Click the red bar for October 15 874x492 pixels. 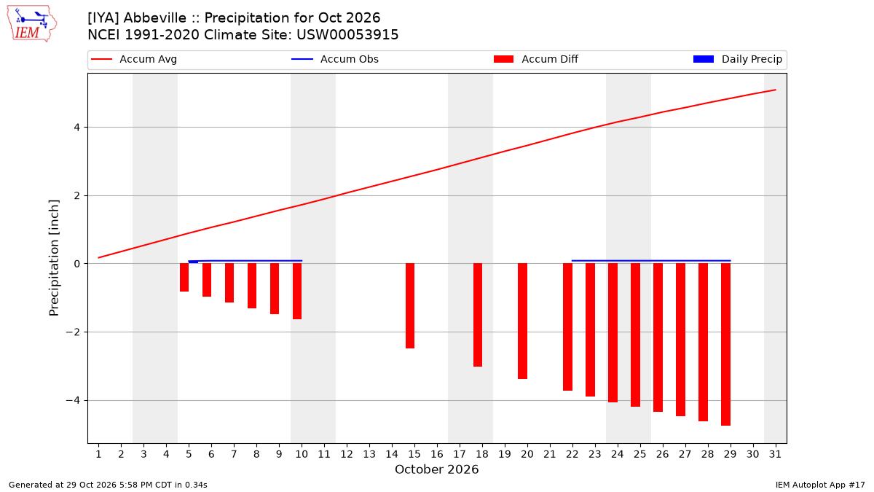coord(410,305)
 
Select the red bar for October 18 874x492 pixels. coord(478,315)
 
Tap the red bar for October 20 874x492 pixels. coord(523,321)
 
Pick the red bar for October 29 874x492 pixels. coord(725,344)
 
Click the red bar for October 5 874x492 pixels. coord(184,277)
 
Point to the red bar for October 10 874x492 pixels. coord(297,292)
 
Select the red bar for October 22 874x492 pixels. coord(567,327)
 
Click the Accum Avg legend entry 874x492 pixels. coord(134,59)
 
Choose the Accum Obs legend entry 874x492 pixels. coord(335,59)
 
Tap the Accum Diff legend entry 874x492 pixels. coord(536,59)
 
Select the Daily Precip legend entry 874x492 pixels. coord(737,59)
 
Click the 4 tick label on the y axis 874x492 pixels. coord(76,128)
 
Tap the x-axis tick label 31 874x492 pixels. coord(775,455)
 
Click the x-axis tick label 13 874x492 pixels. coord(369,455)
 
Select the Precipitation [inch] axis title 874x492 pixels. coord(54,258)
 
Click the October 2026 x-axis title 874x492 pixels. coord(436,469)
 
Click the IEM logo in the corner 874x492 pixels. coord(32,24)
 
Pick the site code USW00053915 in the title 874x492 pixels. coord(347,35)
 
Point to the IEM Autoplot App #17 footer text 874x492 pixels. coord(820,485)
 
